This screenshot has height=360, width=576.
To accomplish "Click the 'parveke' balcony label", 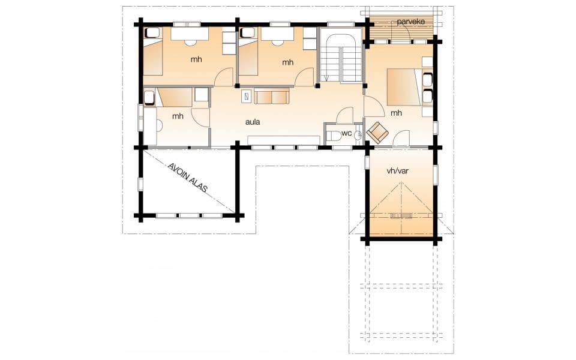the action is click(x=410, y=22).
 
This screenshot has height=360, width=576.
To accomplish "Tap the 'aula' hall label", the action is click(x=253, y=122).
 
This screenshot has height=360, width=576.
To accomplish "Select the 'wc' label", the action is click(x=346, y=133).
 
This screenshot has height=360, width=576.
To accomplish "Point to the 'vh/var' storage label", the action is click(x=397, y=171).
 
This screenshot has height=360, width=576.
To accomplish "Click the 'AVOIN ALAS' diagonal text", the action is click(x=188, y=178).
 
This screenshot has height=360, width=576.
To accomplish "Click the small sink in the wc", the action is click(x=359, y=136).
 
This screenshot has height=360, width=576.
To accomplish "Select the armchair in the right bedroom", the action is click(x=377, y=132).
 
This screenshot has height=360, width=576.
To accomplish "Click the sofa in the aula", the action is click(x=272, y=96).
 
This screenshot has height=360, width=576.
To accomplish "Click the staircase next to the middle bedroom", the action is click(x=341, y=55).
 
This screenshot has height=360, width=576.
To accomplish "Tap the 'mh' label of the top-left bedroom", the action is click(x=196, y=59).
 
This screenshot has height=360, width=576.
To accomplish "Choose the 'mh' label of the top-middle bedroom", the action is click(x=287, y=62).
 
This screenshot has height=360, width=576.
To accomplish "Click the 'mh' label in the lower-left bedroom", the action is click(x=178, y=116).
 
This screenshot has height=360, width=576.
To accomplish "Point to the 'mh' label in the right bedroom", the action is click(x=396, y=113).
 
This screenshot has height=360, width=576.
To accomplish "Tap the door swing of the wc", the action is click(x=345, y=115).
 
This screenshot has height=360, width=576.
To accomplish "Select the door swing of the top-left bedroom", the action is click(x=224, y=77).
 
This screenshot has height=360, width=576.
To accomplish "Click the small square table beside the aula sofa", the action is click(x=247, y=97).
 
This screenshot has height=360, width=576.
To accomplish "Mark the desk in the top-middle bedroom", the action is click(x=277, y=34).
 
